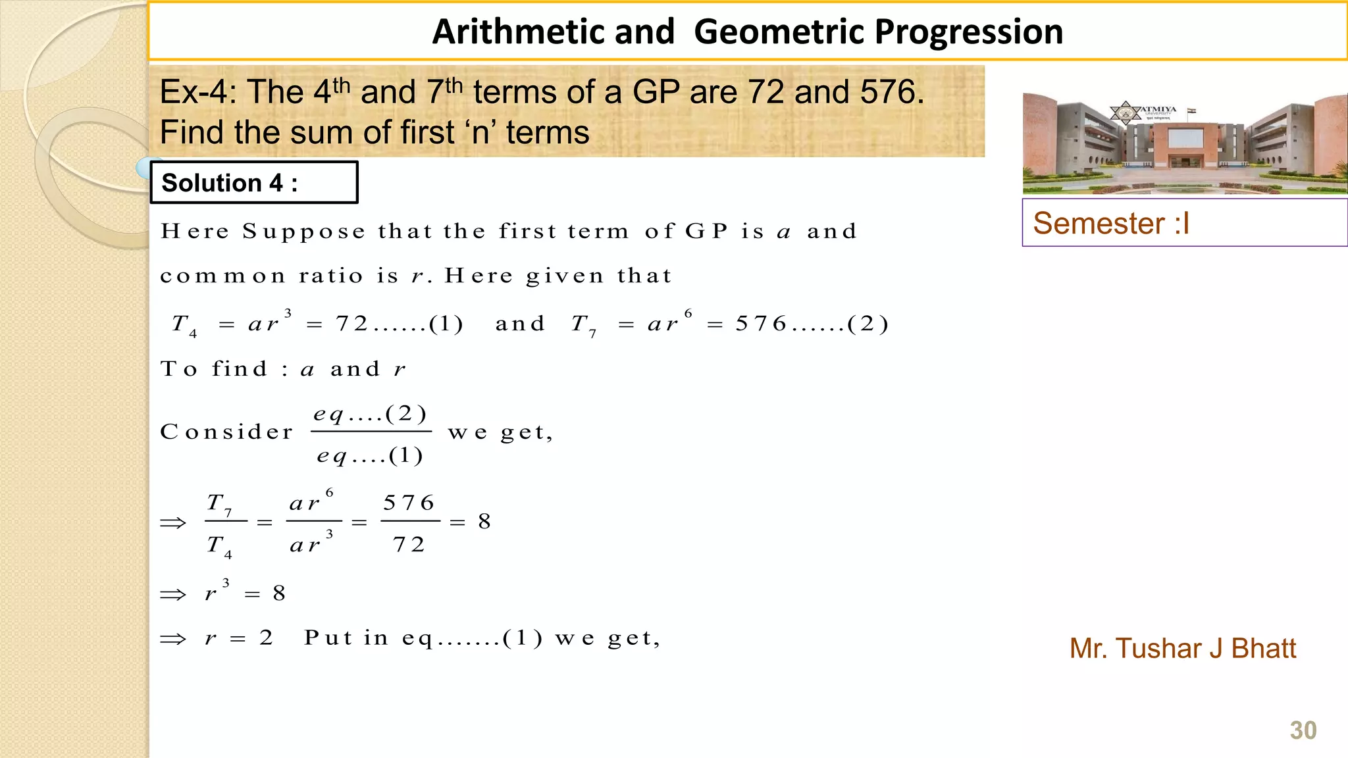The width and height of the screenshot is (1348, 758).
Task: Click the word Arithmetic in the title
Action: point(554,32)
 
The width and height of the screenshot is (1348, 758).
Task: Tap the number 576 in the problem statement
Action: point(889,91)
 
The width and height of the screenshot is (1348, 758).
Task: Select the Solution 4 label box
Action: point(254,182)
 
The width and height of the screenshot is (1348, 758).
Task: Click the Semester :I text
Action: point(1111,223)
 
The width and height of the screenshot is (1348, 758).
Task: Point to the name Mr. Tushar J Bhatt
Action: point(1182,649)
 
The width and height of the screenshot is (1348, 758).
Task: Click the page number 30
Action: point(1303,730)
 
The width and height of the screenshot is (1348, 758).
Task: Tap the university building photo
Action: point(1185,143)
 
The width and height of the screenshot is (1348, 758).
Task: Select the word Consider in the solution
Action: point(227,432)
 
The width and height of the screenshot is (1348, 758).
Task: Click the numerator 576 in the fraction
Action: point(409,503)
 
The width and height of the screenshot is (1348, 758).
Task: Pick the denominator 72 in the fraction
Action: point(409,545)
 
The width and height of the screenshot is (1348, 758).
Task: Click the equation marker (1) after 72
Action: point(446,324)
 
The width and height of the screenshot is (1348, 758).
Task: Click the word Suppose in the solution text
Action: point(303,232)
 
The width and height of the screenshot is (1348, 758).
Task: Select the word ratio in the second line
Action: point(330,276)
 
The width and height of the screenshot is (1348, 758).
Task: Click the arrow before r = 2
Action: point(173,639)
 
